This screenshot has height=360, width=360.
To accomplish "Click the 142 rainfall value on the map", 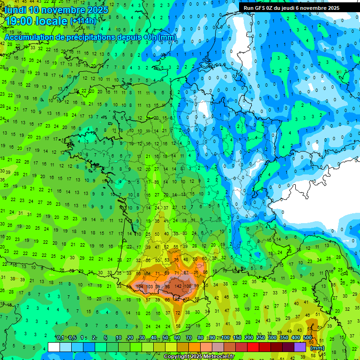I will pyautogui.click(x=178, y=286).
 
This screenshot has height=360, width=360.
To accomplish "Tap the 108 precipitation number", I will pyautogui.click(x=187, y=286).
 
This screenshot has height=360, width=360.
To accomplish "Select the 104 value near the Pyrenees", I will pyautogui.click(x=139, y=286).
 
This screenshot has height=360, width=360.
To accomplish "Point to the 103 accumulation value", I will pyautogui.click(x=150, y=286).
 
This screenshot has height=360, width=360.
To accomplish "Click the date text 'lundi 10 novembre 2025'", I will pyautogui.click(x=56, y=10).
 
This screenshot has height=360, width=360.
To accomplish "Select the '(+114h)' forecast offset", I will pyautogui.click(x=83, y=22).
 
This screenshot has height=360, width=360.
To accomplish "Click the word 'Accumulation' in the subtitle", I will pyautogui.click(x=30, y=37).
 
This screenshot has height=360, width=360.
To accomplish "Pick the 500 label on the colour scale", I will pyautogui.click(x=307, y=338).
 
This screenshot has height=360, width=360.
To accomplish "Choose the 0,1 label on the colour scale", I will pyautogui.click(x=60, y=338).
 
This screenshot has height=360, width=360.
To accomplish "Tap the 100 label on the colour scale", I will pyautogui.click(x=225, y=338).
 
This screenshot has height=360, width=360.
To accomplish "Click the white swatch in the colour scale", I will pyautogui.click(x=54, y=347).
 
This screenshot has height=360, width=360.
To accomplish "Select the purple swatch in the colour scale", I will pyautogui.click(x=300, y=347).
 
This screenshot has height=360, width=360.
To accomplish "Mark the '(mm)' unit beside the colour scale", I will pyautogui.click(x=317, y=348).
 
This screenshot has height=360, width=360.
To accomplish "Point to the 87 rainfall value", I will pyautogui.click(x=186, y=272).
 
